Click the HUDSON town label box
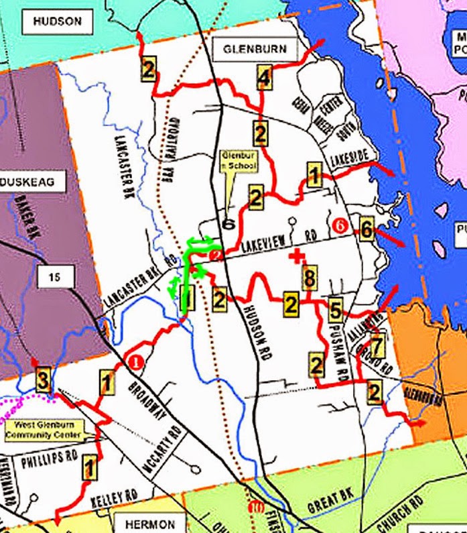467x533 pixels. pyautogui.click(x=57, y=21)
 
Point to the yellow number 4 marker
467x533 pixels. pyautogui.click(x=263, y=79)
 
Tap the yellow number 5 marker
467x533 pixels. pyautogui.click(x=336, y=309)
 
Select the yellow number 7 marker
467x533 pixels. pyautogui.click(x=377, y=347)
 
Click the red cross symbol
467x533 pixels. pyautogui.click(x=295, y=255)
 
